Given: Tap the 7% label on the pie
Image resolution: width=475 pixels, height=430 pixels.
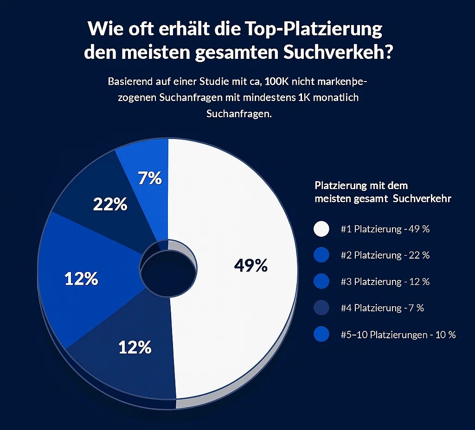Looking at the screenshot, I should pos(150,178).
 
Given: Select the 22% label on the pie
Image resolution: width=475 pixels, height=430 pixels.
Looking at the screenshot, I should pos(110,204).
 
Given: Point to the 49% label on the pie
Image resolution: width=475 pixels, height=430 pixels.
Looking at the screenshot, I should pos(251,265).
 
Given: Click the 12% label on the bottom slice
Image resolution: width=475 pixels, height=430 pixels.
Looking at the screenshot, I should pos(135,347).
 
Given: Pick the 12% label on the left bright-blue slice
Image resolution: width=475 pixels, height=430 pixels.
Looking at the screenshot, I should pos(81,278).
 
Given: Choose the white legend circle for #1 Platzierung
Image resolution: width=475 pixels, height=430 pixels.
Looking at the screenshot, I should pos(321,229).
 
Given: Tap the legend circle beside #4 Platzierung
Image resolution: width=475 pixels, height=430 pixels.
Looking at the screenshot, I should pos(321,308).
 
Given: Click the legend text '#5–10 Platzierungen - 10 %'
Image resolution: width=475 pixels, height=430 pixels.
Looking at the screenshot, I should pos(398,335).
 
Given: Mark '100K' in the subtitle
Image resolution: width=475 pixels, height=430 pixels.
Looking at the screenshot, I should pos(284,82).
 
